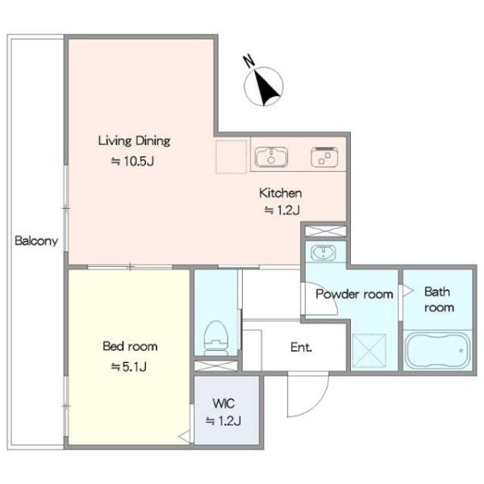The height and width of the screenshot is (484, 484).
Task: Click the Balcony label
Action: click(x=36, y=240)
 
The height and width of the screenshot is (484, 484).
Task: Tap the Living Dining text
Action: click(x=134, y=141)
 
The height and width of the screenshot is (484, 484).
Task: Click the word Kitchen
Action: click(x=280, y=193)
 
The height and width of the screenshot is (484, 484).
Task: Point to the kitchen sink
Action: click(x=271, y=156)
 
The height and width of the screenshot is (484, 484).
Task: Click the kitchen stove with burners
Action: click(x=324, y=157)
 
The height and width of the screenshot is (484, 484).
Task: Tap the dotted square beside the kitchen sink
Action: click(x=232, y=156)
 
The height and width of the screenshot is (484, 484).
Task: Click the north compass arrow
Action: click(x=267, y=87)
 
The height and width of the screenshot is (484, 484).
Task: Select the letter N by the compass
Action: click(x=248, y=60)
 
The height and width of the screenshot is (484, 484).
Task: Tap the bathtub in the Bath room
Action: click(x=438, y=351)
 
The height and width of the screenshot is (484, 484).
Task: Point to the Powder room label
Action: click(x=354, y=294)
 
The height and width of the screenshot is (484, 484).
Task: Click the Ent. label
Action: click(x=301, y=348)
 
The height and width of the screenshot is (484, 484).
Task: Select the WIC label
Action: click(x=223, y=403)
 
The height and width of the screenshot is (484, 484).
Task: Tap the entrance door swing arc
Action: click(x=317, y=405)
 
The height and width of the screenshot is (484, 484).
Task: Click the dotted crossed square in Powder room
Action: click(x=369, y=350)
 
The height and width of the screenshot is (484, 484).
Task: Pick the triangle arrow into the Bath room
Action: click(x=407, y=290)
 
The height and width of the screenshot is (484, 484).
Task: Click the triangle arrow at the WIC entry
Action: click(x=185, y=437)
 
